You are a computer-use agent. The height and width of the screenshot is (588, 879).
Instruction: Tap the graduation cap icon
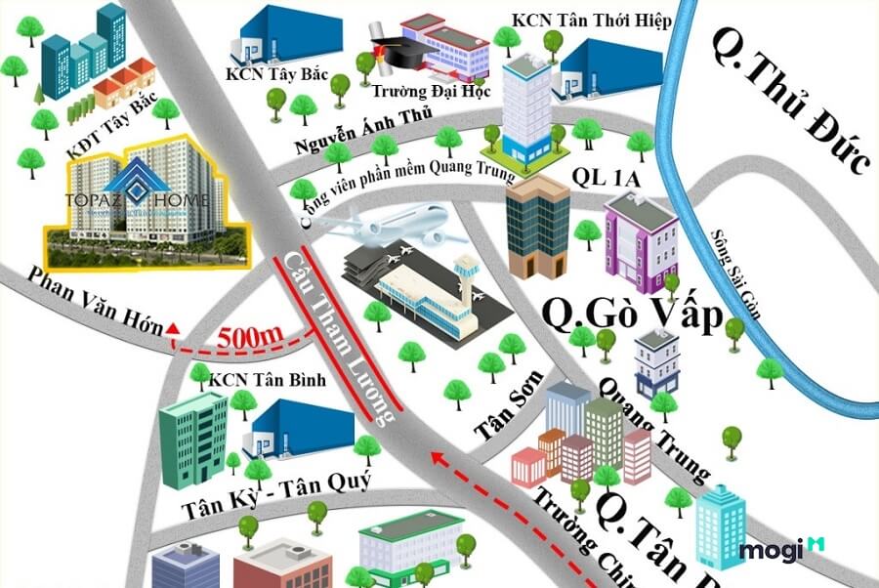pyautogui.click(x=388, y=49)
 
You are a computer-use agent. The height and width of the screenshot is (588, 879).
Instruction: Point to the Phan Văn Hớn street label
pyautogui.click(x=82, y=302)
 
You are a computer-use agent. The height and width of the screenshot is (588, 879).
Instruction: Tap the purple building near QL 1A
pyautogui.click(x=641, y=240)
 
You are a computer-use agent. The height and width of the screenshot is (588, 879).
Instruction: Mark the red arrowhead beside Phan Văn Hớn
pyautogui.click(x=174, y=329)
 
